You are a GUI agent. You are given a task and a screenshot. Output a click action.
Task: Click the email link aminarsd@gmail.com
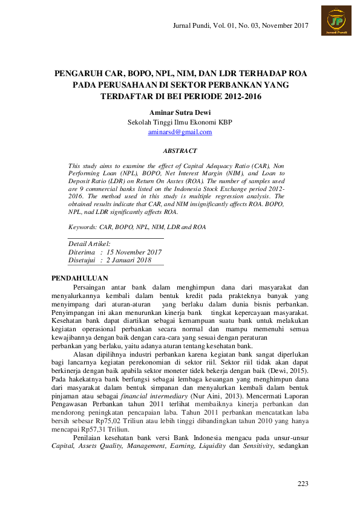180,132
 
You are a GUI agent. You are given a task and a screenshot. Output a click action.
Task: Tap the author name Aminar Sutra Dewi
180,112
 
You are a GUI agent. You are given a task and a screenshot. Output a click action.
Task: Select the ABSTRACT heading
180,151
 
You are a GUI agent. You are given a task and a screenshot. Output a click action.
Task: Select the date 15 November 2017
134,251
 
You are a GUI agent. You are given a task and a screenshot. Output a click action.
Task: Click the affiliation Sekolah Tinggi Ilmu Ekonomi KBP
180,122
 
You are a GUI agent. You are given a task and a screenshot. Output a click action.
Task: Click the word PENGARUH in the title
79,73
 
